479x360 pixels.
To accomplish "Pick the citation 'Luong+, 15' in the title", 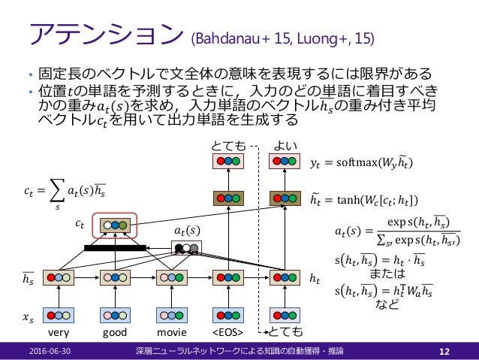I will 338,37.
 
